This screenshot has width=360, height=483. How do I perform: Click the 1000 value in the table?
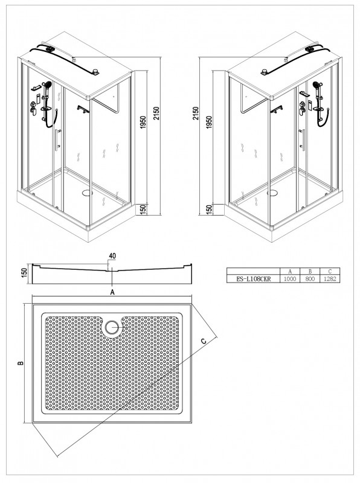(290, 279)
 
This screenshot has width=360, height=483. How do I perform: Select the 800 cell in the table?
(310, 279)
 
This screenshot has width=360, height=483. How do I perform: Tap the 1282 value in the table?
(330, 279)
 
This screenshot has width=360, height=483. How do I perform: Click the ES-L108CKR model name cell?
(253, 279)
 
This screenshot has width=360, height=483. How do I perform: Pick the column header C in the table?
(330, 271)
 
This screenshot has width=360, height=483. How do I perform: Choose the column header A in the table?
(290, 271)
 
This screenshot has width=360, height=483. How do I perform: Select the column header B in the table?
(310, 271)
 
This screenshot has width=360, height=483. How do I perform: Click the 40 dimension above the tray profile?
(112, 255)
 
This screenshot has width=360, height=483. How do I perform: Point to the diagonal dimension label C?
(204, 341)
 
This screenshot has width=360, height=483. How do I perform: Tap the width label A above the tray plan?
(112, 292)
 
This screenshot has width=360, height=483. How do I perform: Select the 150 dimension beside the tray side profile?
(25, 273)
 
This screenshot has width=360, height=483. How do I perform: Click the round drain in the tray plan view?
(112, 327)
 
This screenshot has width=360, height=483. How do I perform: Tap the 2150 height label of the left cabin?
(157, 113)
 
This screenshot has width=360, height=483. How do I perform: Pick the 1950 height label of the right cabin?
(209, 123)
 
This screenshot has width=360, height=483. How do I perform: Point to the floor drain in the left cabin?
(87, 193)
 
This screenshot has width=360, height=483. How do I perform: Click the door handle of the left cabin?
(57, 140)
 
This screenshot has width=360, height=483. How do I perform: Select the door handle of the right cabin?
(303, 140)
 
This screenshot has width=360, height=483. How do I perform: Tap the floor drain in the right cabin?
(272, 193)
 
